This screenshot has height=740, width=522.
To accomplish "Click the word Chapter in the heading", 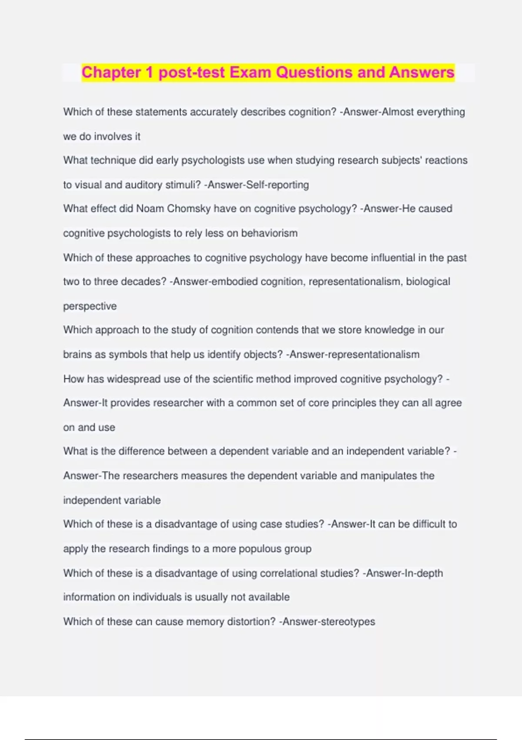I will pos(111,72).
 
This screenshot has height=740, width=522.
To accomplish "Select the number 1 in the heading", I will pos(150,72).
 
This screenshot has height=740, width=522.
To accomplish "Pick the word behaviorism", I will pos(269,233).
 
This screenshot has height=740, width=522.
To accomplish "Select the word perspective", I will pos(90,306).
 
